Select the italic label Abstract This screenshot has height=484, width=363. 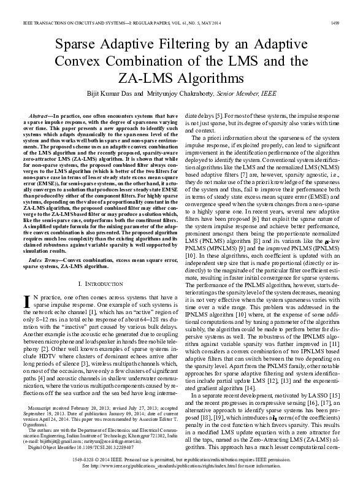(x=39, y=115)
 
